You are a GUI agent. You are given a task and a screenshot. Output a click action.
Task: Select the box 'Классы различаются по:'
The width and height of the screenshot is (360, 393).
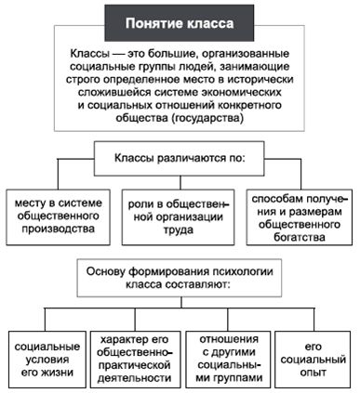pyautogui.click(x=180, y=158)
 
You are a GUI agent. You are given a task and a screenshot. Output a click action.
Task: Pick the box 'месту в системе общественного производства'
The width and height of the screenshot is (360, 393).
pyautogui.click(x=58, y=215)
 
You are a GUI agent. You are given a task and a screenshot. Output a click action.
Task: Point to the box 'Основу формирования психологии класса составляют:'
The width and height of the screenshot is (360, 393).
pyautogui.click(x=179, y=279)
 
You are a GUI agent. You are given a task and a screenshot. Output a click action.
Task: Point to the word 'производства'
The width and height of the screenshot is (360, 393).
pyautogui.click(x=58, y=229)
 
